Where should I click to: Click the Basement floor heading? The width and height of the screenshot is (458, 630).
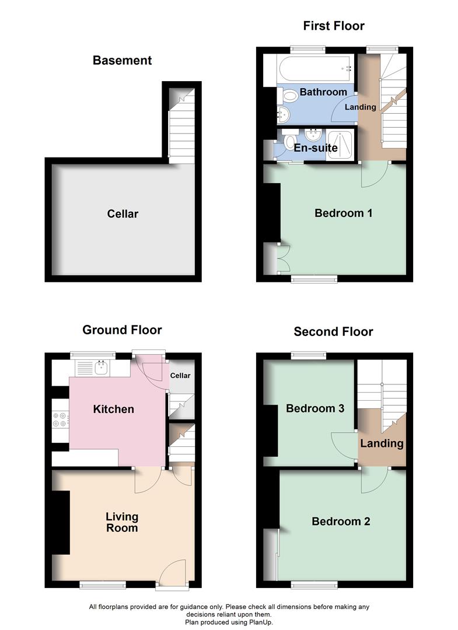point(123,60)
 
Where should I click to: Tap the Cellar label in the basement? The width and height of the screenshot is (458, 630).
point(123,213)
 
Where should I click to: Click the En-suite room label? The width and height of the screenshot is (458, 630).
point(316,148)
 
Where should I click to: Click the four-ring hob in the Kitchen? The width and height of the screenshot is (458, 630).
point(61,418)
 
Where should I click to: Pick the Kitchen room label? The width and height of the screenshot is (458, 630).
point(114,409)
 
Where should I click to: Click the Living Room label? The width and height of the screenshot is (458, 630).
point(122,522)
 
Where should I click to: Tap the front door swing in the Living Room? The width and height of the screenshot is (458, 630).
point(172,572)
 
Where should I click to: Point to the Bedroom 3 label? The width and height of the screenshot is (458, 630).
point(314,408)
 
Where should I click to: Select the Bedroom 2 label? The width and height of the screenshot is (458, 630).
point(341,521)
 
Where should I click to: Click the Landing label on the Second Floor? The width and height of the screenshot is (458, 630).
point(382,443)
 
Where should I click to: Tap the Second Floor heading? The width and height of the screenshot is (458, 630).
point(333,331)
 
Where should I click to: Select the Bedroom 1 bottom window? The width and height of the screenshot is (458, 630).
point(314,279)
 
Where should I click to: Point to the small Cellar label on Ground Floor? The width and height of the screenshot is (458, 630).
point(180,375)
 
